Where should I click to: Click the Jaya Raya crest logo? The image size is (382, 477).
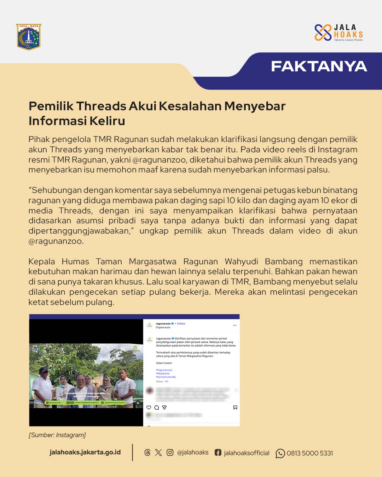[x=29, y=37]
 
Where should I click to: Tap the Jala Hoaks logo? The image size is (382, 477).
[x=338, y=33]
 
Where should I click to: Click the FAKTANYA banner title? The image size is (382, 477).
[x=319, y=66]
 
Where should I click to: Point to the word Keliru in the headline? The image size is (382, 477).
[x=107, y=121]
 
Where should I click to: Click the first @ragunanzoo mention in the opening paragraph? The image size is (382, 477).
[x=160, y=160]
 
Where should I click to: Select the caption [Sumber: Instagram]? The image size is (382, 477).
[x=57, y=435]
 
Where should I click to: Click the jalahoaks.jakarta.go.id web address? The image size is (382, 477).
[x=85, y=452]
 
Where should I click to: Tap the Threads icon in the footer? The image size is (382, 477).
[x=147, y=453]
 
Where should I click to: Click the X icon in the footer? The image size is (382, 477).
[x=158, y=453]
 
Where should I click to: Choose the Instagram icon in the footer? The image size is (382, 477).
[x=170, y=453]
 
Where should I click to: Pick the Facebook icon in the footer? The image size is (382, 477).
[x=218, y=453]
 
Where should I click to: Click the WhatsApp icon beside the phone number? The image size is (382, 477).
[x=280, y=453]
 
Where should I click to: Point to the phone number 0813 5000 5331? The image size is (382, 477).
[x=310, y=453]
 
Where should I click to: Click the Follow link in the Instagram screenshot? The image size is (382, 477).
[x=181, y=324]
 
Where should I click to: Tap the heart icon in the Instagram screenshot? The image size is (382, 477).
[x=149, y=407]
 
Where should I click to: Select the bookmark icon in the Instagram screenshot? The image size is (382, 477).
[x=235, y=407]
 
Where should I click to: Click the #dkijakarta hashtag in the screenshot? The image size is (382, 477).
[x=163, y=373]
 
